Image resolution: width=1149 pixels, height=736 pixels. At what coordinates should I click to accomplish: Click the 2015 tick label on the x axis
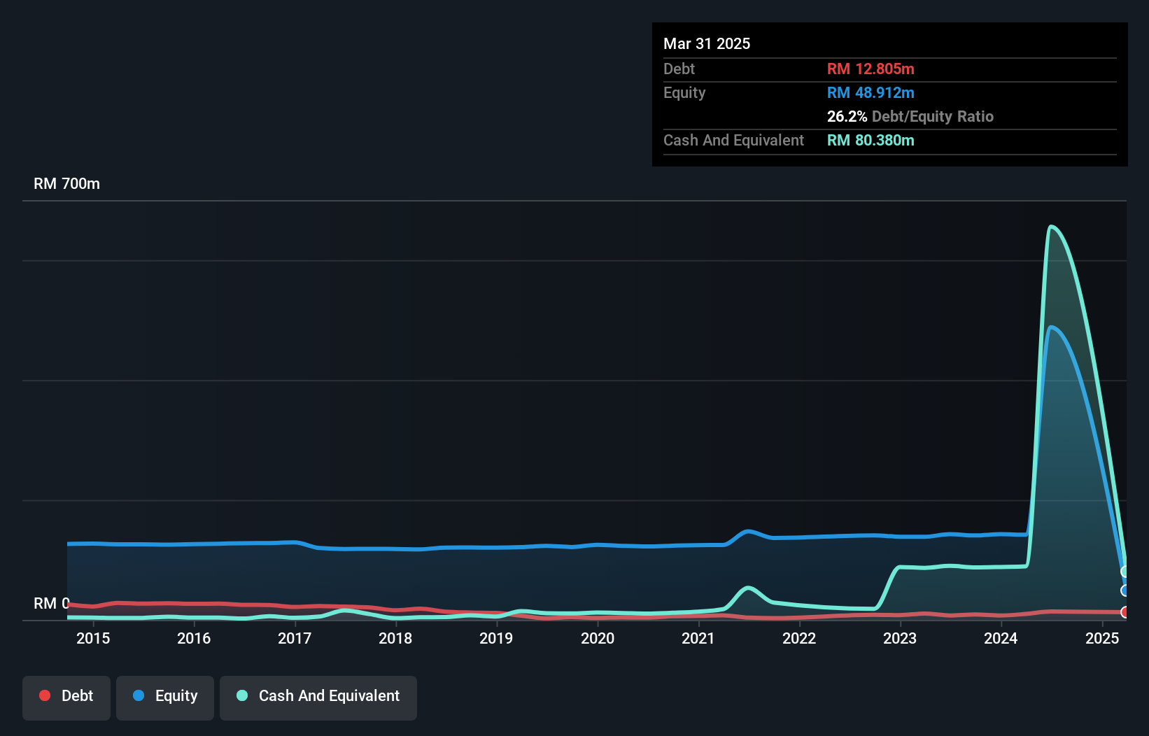tap(93, 638)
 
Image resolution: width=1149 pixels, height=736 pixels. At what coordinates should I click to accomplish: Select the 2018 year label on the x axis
tap(395, 638)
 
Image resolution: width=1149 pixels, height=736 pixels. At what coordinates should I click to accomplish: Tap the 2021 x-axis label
tap(698, 638)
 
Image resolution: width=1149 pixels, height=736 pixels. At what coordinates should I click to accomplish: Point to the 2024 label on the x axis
tap(1001, 638)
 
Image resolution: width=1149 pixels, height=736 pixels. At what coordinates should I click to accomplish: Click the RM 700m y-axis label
tap(66, 184)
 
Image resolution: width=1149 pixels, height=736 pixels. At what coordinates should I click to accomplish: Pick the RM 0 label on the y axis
tap(51, 603)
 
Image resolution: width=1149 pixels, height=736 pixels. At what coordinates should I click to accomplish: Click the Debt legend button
tap(66, 696)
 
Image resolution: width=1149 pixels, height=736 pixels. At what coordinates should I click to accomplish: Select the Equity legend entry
tap(165, 696)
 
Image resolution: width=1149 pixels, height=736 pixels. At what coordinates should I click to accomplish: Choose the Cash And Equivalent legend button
tap(318, 696)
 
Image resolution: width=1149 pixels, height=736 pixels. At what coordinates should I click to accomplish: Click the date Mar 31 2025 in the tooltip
tap(707, 43)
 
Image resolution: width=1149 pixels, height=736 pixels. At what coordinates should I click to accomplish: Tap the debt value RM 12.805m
tap(870, 69)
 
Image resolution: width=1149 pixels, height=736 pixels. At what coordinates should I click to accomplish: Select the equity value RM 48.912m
tap(870, 92)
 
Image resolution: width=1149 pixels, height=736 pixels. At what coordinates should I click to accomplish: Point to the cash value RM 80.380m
tap(870, 140)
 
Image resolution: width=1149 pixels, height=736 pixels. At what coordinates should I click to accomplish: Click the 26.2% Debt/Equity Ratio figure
tap(910, 116)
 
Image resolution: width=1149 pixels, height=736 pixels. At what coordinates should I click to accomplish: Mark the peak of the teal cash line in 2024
tap(1051, 226)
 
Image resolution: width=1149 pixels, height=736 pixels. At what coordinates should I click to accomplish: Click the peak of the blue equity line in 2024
tap(1052, 327)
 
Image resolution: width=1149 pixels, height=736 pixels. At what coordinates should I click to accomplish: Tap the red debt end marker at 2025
tap(1125, 612)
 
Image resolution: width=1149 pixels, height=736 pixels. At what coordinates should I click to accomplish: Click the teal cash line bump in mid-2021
tap(748, 588)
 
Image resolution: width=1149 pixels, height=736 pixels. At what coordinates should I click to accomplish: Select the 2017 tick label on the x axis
tap(295, 638)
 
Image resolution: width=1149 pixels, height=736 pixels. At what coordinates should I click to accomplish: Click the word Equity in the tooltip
tap(684, 92)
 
